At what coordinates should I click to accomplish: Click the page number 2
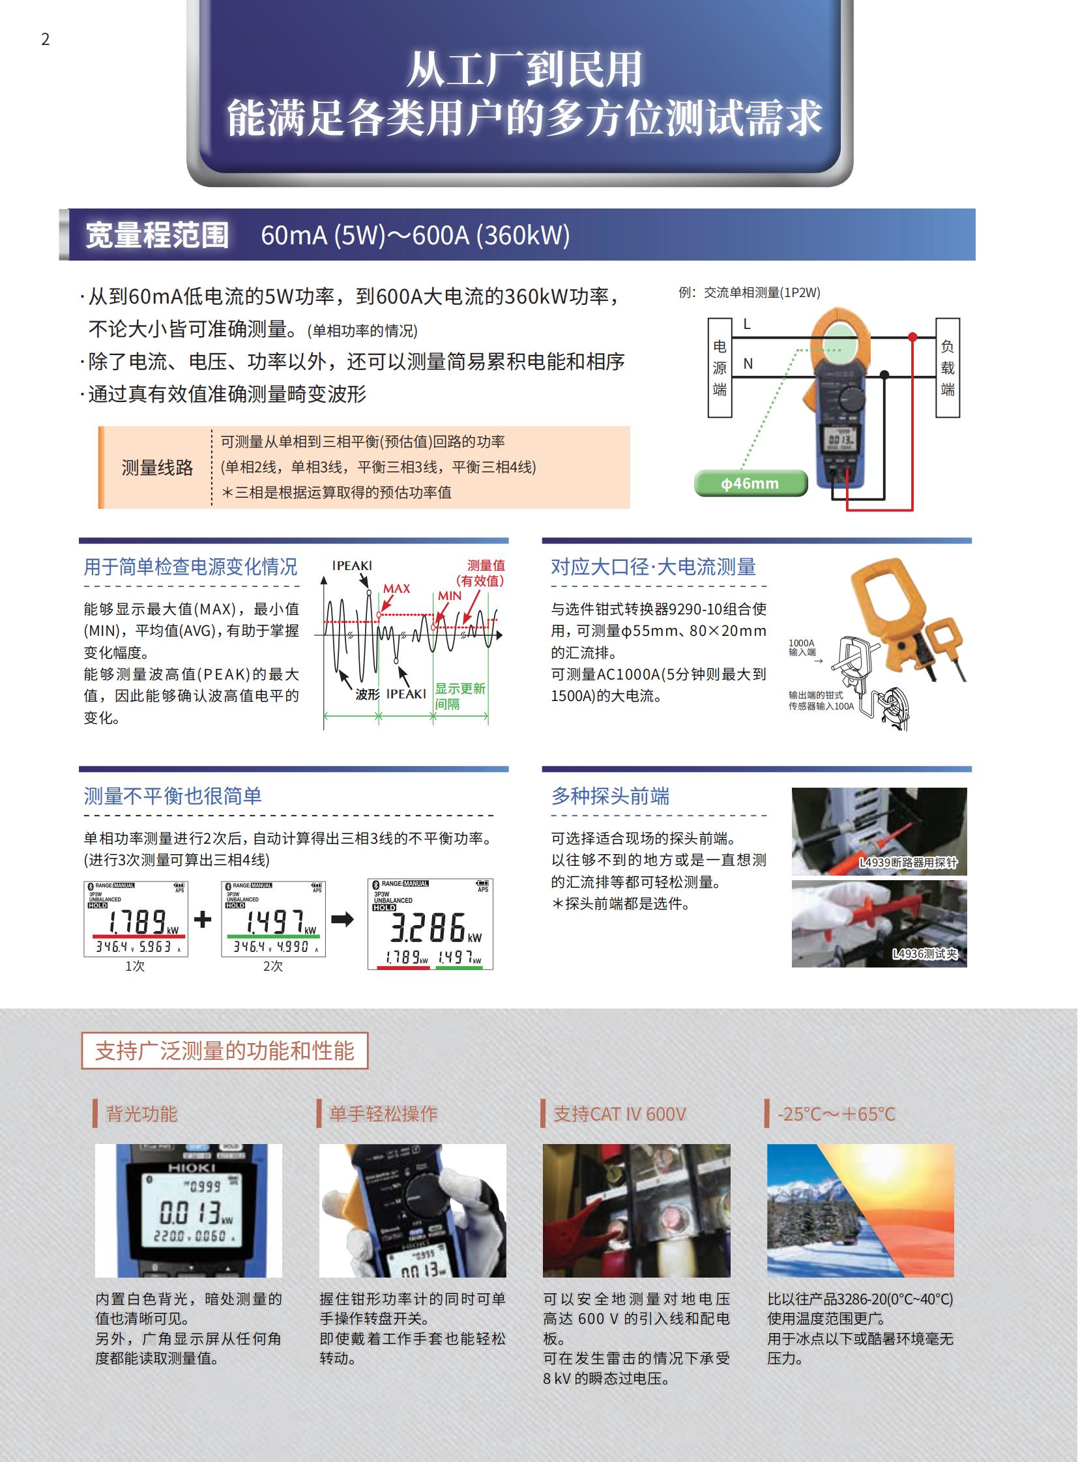(45, 39)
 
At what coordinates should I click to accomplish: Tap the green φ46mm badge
(750, 483)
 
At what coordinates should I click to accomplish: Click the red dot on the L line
(913, 337)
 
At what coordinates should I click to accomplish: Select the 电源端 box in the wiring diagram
(720, 368)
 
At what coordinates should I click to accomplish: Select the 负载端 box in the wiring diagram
(948, 368)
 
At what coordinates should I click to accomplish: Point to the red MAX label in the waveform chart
(397, 588)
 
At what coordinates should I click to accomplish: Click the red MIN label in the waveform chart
(450, 595)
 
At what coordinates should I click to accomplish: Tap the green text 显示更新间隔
(459, 696)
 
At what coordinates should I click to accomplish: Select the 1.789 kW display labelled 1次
(136, 919)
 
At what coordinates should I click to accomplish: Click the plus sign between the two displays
(203, 919)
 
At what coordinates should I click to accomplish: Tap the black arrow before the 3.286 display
(342, 919)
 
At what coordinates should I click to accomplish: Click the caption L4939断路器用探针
(908, 863)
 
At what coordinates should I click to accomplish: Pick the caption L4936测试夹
(925, 954)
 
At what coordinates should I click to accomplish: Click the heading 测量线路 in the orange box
(157, 467)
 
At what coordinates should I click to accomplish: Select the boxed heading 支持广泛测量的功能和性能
(224, 1050)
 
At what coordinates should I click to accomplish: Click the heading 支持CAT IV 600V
(619, 1113)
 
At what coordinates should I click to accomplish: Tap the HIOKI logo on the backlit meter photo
(191, 1167)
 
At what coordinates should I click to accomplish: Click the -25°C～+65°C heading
(836, 1113)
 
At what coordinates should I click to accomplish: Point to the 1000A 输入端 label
(802, 647)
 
